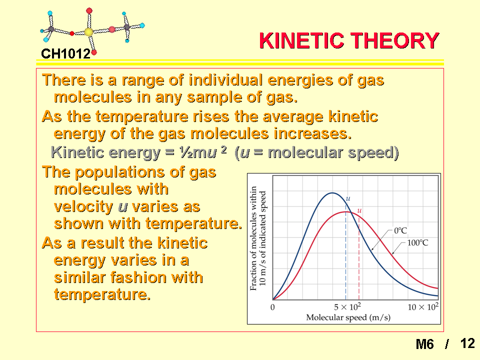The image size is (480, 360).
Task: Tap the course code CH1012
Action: click(66, 54)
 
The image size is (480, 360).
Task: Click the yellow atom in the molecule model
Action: click(89, 32)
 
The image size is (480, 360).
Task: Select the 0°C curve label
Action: click(400, 230)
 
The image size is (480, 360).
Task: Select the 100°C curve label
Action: click(417, 243)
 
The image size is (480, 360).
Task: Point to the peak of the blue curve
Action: click(332, 193)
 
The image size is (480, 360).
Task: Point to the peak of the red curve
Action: click(346, 212)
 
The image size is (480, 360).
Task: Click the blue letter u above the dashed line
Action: click(348, 198)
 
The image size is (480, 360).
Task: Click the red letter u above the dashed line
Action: click(359, 210)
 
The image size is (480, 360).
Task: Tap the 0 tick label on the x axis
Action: click(273, 307)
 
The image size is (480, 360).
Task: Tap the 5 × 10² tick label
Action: click(347, 306)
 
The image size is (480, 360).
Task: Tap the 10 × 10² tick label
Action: click(423, 306)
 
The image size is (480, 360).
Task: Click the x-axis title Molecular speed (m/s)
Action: click(348, 317)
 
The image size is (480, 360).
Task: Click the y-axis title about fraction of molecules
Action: click(258, 238)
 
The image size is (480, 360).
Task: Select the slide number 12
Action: click(467, 343)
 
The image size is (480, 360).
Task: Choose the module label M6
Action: click(424, 344)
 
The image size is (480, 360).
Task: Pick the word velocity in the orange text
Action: click(83, 206)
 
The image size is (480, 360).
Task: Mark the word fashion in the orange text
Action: click(138, 277)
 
